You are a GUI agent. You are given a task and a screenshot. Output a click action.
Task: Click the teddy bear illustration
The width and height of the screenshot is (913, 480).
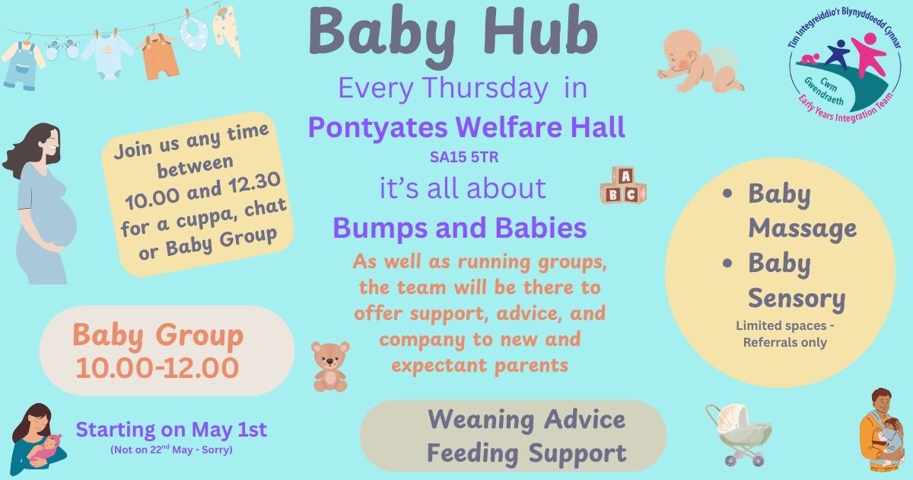(330, 367)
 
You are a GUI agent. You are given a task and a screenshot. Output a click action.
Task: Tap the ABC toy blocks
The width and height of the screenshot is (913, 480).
(623, 185)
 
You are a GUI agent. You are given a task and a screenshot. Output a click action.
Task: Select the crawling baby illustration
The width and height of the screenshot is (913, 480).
(701, 61)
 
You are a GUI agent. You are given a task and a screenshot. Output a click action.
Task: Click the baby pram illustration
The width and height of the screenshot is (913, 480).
(739, 435)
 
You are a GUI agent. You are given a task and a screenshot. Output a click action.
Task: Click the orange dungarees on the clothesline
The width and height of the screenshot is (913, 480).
(160, 56)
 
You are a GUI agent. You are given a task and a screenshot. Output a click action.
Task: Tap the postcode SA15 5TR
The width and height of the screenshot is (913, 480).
(464, 157)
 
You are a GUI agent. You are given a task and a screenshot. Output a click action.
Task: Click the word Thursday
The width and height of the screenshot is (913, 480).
(485, 88)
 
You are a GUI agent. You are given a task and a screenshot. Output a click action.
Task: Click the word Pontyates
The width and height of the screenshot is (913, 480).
(378, 128)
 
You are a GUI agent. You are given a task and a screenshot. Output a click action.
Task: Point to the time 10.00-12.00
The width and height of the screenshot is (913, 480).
(157, 368)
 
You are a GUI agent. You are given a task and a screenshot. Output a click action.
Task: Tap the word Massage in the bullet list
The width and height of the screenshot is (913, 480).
(802, 228)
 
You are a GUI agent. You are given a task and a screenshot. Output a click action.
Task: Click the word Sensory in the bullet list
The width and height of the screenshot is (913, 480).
(797, 299)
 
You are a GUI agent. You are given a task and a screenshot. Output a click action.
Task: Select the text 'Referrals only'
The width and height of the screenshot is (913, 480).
(785, 342)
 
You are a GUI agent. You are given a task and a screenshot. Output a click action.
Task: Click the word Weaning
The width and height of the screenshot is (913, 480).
(481, 419)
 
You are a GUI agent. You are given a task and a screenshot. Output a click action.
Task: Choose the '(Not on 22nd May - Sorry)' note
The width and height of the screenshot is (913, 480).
(171, 450)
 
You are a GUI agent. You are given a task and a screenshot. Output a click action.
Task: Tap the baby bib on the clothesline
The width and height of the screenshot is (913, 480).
(195, 32)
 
